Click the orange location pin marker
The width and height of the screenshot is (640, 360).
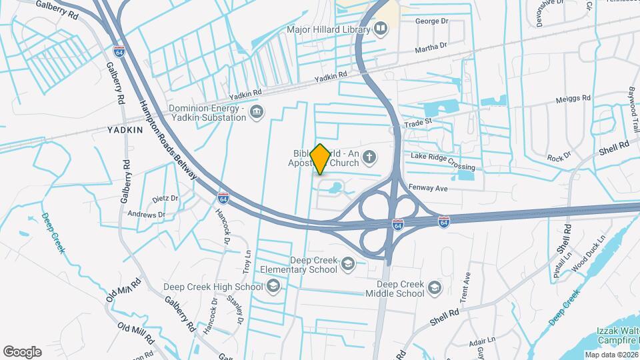320,159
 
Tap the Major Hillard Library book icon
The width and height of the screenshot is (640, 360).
381,29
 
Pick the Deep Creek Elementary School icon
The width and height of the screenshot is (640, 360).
347,265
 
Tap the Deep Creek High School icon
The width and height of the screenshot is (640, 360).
273,287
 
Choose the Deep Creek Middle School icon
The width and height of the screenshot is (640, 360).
435,288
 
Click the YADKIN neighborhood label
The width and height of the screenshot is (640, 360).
125,131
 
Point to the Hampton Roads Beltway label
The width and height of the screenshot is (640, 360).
167,139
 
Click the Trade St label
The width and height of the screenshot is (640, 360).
421,121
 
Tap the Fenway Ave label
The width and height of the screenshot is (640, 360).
427,188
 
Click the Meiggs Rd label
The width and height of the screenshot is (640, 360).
573,99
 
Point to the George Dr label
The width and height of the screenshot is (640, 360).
431,21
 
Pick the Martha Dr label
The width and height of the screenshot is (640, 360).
430,48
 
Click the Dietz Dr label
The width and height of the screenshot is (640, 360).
165,198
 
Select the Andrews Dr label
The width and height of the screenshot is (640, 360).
146,215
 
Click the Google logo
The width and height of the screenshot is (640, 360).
22,351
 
